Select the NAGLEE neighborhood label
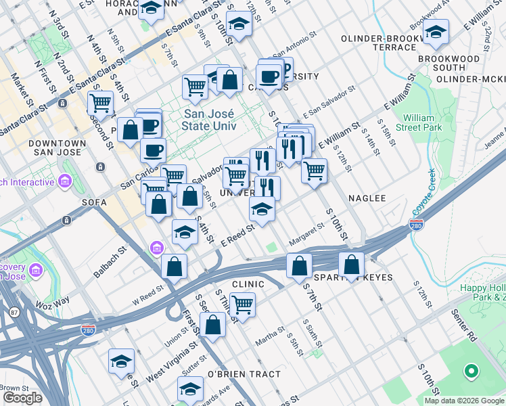367,198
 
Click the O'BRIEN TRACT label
244,374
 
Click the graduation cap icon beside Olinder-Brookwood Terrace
436,32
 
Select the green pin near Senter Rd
470,371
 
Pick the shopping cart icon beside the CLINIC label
242,303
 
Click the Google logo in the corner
22,398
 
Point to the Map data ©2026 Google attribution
463,401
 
